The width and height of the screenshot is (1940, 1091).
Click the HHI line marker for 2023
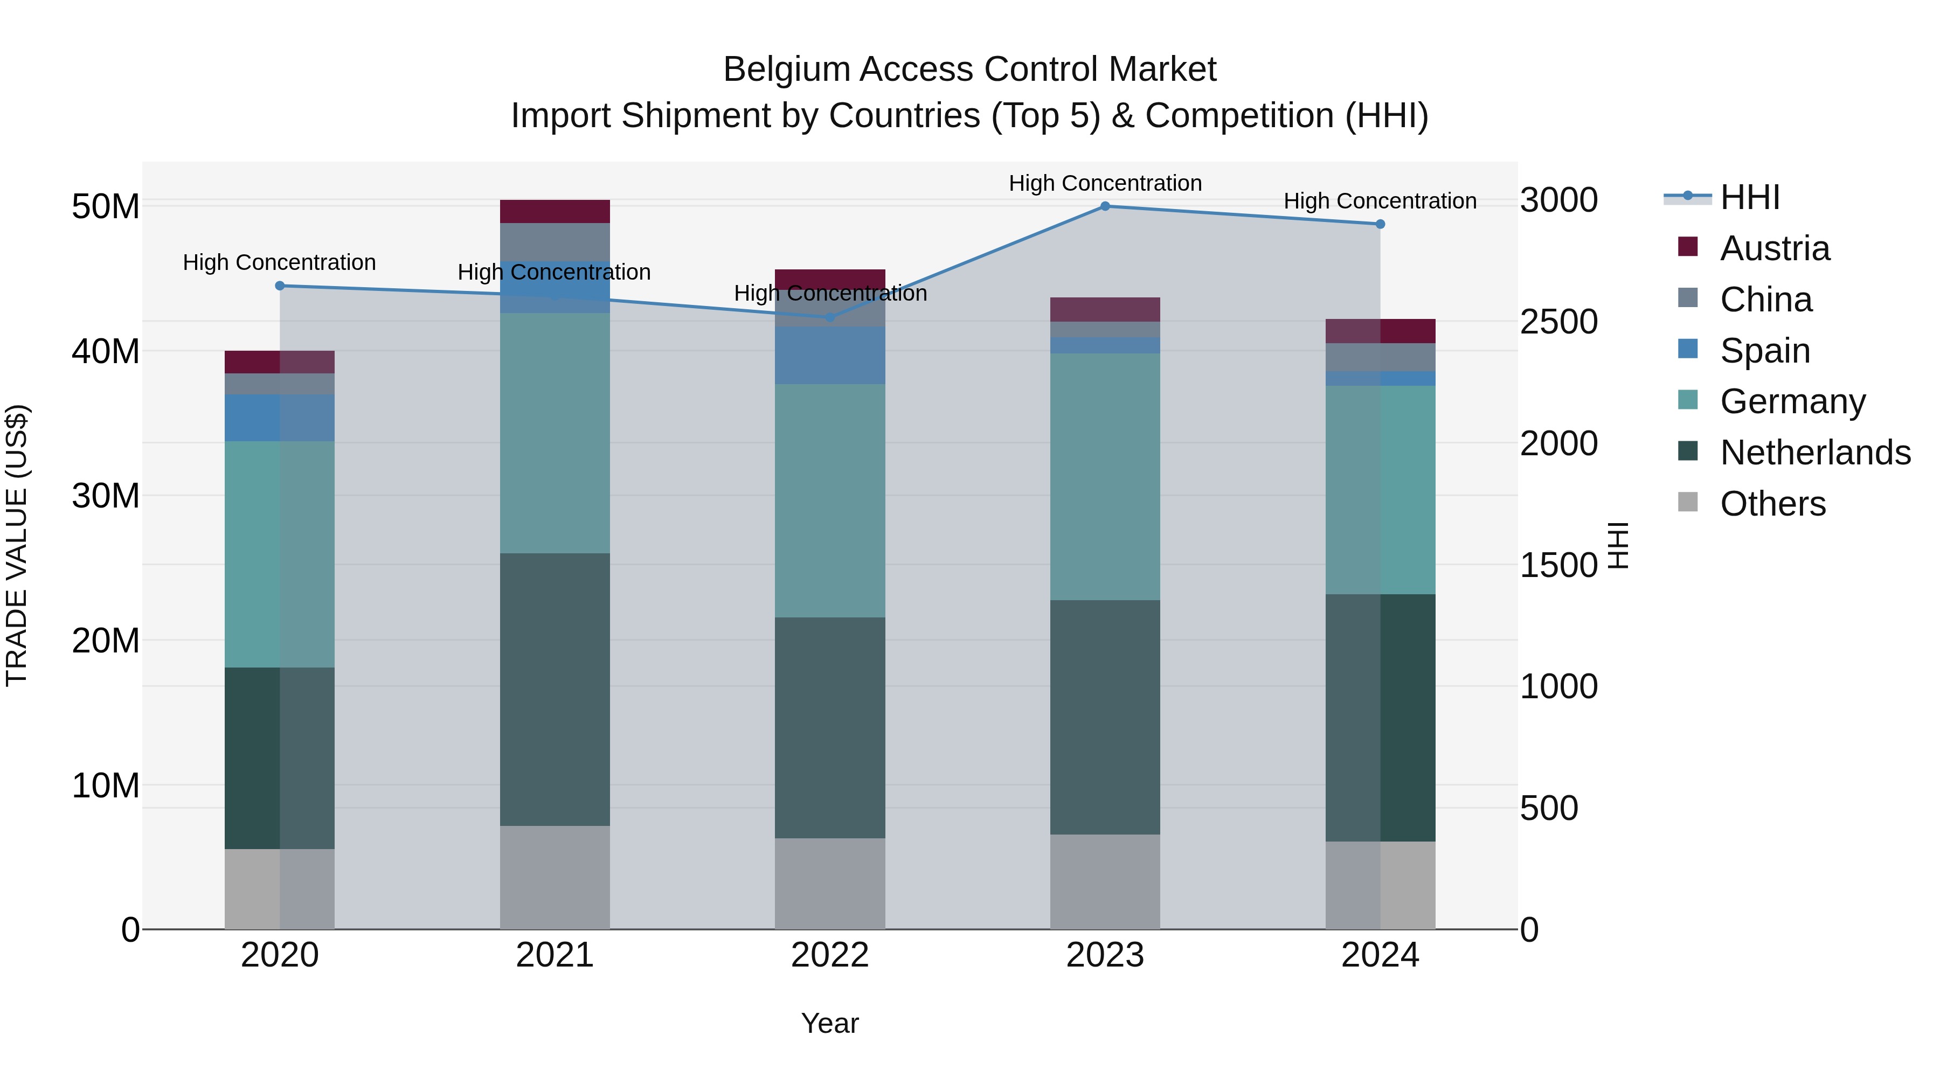(1105, 206)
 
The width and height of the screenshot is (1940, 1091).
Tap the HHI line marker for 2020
(279, 286)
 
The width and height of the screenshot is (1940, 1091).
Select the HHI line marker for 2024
(1380, 224)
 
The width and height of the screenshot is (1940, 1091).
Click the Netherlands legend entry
(1814, 453)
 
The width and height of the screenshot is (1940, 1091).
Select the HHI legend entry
(1749, 197)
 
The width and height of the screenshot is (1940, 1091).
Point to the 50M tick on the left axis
(106, 206)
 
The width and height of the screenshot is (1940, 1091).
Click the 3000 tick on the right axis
(1558, 200)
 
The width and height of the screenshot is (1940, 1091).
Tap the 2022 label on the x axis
(829, 955)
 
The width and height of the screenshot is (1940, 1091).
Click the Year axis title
(829, 1023)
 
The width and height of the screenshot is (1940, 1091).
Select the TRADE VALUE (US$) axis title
(17, 545)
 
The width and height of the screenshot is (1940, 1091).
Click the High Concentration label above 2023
(1105, 183)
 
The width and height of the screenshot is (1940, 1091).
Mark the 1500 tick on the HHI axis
(1558, 566)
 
